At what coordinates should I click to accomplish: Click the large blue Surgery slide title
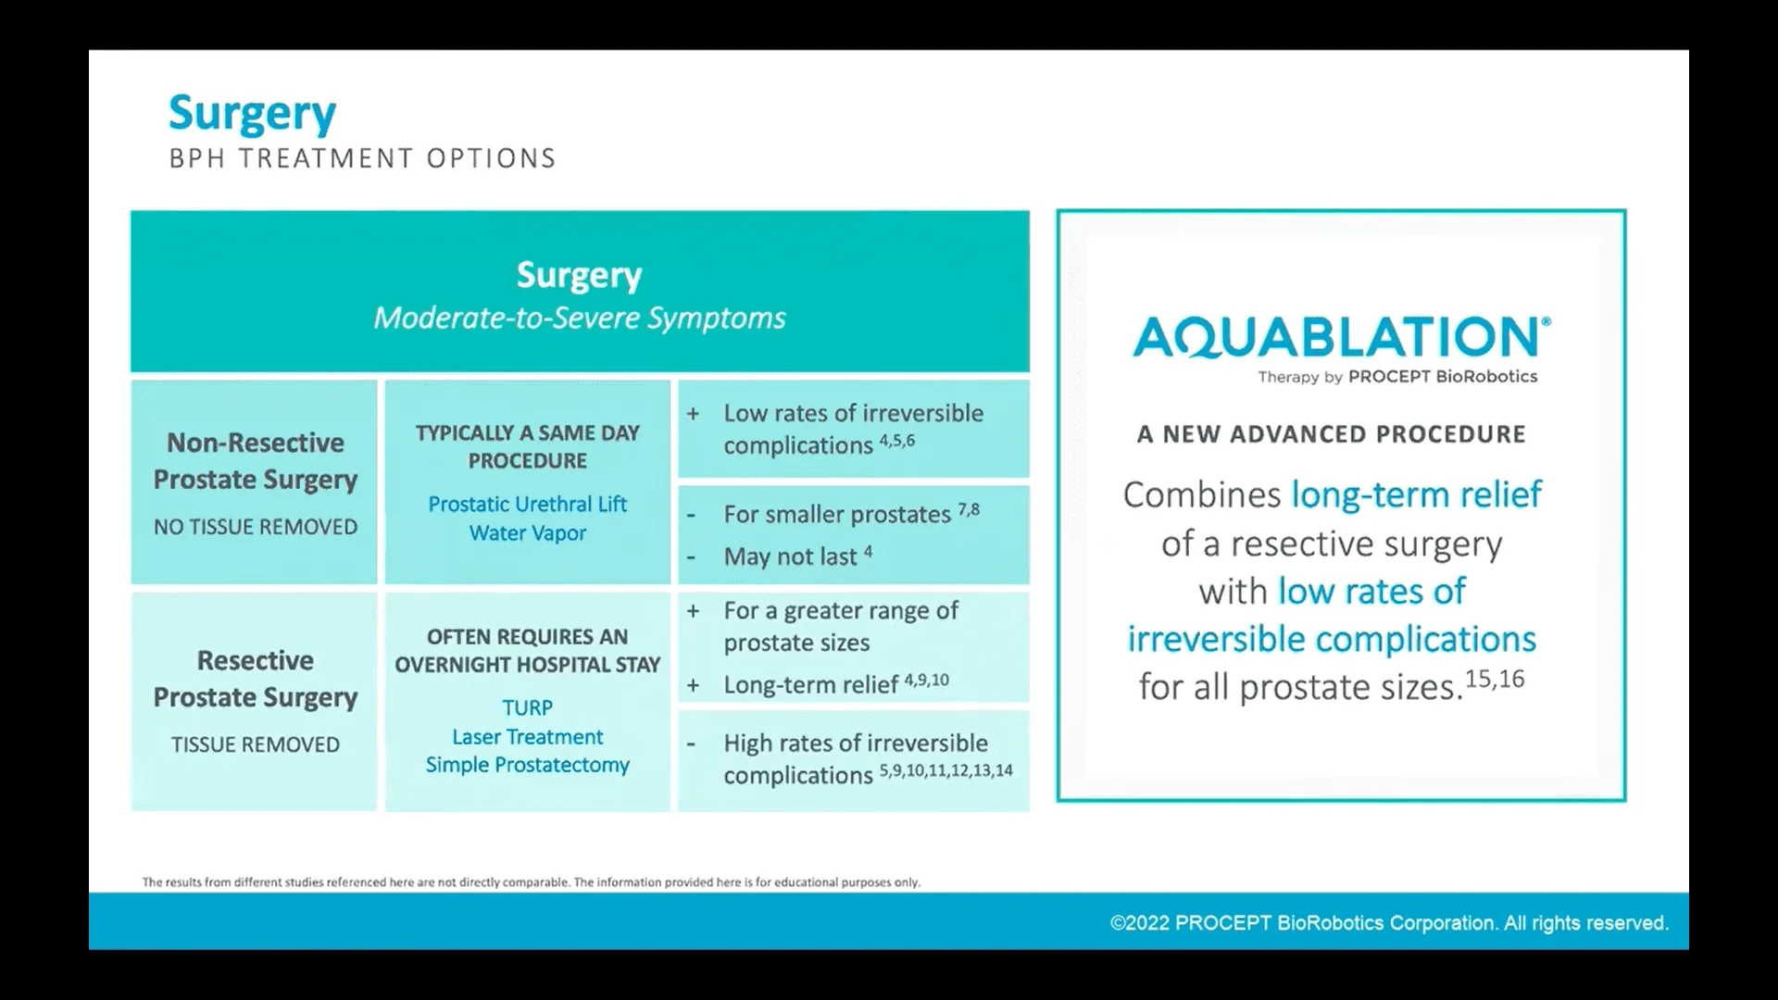pos(252,115)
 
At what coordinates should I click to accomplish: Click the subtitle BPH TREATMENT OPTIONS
pos(362,158)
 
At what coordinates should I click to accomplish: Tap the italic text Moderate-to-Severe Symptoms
pos(580,319)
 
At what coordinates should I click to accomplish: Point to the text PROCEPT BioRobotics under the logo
pos(1442,377)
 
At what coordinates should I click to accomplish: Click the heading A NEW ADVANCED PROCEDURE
pos(1331,434)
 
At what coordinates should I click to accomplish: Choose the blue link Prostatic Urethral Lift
pos(527,505)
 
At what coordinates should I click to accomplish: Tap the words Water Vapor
pos(527,533)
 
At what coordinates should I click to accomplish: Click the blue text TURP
pos(527,708)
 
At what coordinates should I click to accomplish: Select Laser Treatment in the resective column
pos(527,737)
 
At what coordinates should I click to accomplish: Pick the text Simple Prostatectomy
pos(527,765)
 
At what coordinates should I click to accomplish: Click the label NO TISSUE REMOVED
pos(256,527)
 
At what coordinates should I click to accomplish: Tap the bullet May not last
pos(790,556)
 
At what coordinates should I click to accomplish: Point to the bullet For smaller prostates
pos(837,515)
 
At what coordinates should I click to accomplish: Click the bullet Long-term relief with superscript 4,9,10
pos(811,685)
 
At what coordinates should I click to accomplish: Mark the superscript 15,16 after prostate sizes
pos(1495,679)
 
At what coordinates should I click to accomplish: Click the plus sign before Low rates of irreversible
pos(693,414)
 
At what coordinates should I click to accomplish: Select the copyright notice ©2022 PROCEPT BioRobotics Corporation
pos(1389,923)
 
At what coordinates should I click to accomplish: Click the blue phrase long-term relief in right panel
pos(1416,494)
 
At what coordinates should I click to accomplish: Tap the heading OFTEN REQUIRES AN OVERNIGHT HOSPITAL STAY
pos(527,651)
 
